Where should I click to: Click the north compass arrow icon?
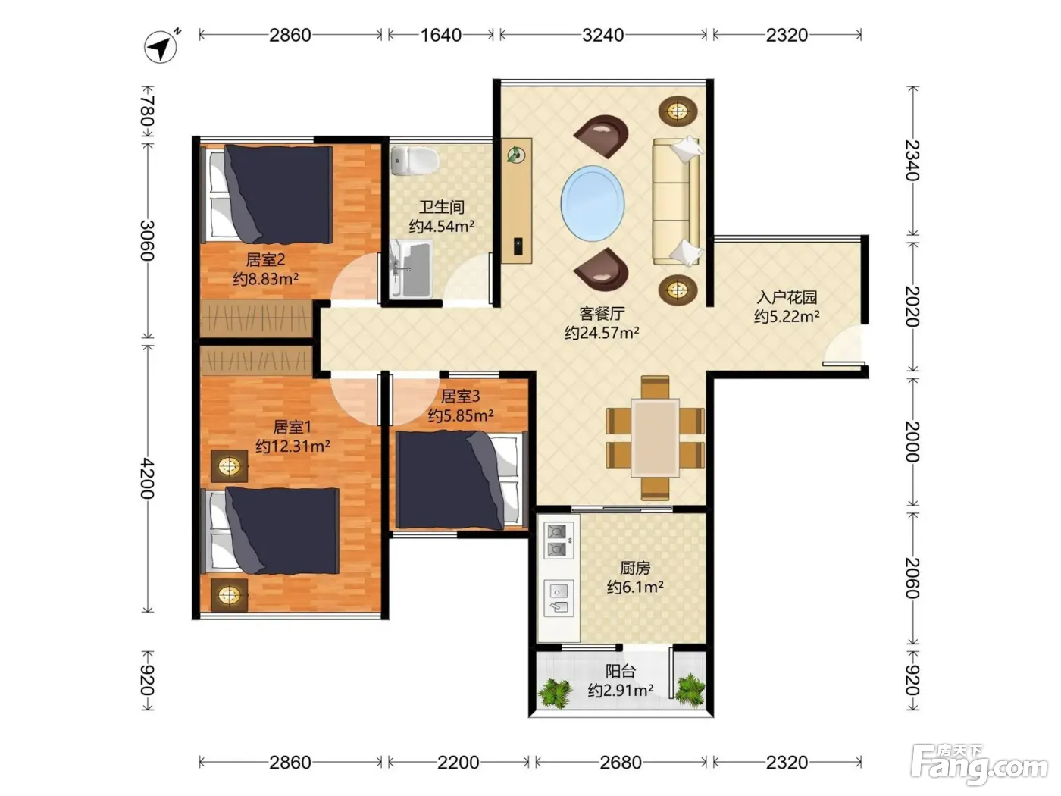161,46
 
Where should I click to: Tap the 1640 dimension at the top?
440,36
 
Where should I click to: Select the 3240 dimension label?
602,36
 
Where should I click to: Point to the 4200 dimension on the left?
148,478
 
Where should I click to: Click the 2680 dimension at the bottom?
621,763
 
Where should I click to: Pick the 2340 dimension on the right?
912,160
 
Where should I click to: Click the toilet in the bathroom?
415,161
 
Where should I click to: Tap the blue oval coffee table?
592,202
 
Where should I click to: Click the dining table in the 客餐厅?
655,437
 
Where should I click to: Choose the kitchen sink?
559,598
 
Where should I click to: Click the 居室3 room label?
460,396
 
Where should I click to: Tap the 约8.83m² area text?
265,279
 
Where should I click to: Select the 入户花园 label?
787,296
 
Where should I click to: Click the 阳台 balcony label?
621,672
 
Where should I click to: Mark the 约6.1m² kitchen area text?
635,588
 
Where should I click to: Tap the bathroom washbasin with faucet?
411,269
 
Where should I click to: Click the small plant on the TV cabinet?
516,155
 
